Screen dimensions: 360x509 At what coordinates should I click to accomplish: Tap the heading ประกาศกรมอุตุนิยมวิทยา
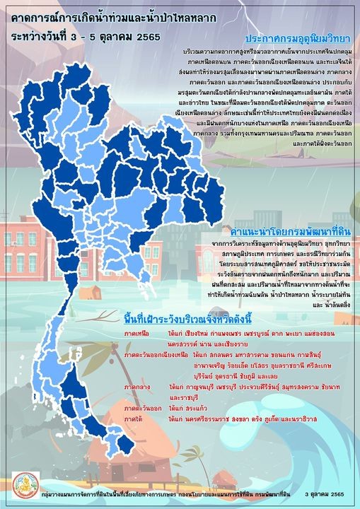pos(298,38)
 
